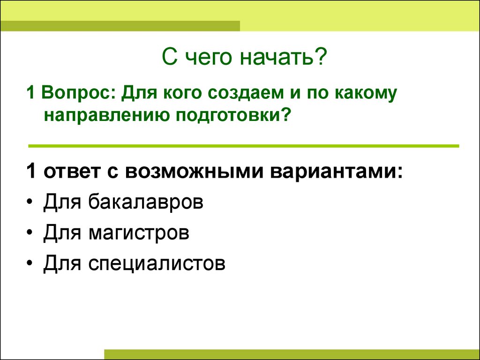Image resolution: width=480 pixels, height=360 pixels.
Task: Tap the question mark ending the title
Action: (x=321, y=56)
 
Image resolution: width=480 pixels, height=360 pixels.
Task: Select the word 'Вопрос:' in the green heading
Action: (x=77, y=93)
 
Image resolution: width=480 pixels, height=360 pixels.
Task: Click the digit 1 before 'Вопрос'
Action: (x=30, y=92)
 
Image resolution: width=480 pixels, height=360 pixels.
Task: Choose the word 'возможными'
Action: (x=194, y=172)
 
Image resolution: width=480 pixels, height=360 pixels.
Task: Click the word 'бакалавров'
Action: (x=146, y=202)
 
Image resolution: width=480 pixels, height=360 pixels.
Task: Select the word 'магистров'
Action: (x=139, y=233)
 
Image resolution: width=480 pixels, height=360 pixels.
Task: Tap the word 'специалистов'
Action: (x=157, y=263)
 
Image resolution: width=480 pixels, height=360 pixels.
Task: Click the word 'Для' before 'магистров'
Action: (x=62, y=232)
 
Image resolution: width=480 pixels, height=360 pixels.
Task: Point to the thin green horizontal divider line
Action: (x=244, y=146)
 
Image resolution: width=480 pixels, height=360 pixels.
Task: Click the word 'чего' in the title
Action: (x=208, y=59)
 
